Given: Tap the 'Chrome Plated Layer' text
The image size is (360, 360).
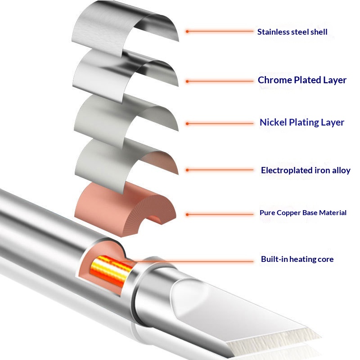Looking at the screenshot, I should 302,80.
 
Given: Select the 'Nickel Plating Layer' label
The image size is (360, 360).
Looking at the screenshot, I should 301,122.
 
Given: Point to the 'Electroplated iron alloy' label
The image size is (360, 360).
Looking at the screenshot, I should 306,170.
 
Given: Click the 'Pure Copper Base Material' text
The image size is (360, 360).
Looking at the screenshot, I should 303,212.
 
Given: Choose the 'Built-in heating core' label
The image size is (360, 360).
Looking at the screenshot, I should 297,259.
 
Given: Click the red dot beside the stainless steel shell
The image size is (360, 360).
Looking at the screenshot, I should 187,31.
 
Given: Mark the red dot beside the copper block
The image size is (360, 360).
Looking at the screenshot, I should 187,214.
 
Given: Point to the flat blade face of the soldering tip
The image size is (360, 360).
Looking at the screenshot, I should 234,310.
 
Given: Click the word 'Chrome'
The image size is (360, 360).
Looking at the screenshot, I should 274,80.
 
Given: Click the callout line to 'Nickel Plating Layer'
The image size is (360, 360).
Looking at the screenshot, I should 220,123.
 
